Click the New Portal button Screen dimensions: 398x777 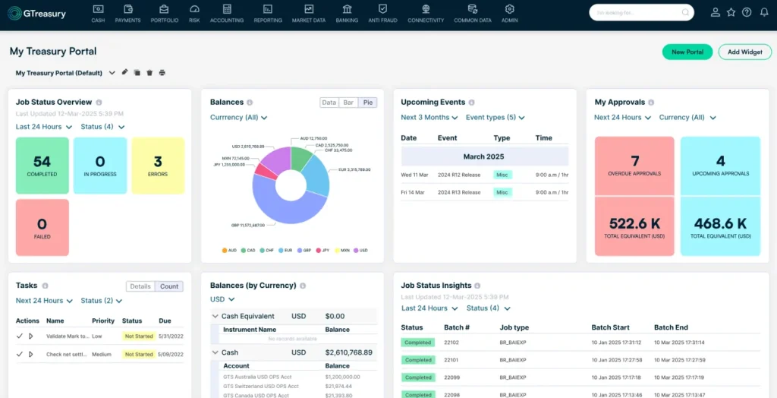click(x=687, y=52)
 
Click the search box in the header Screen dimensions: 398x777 click(x=641, y=12)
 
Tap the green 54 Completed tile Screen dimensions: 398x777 click(x=42, y=165)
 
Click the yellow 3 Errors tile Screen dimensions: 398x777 click(x=158, y=165)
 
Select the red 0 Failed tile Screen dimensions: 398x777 click(x=42, y=227)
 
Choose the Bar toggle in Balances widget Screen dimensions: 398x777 click(x=349, y=103)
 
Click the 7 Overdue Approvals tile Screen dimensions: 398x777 click(x=634, y=165)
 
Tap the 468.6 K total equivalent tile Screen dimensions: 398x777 click(x=720, y=227)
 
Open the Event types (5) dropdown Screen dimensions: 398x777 click(x=495, y=118)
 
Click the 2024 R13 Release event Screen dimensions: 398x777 click(x=459, y=192)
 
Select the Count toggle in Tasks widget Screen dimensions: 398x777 click(x=169, y=286)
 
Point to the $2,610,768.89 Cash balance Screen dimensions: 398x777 click(x=348, y=352)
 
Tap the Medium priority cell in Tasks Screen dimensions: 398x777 click(x=102, y=354)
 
